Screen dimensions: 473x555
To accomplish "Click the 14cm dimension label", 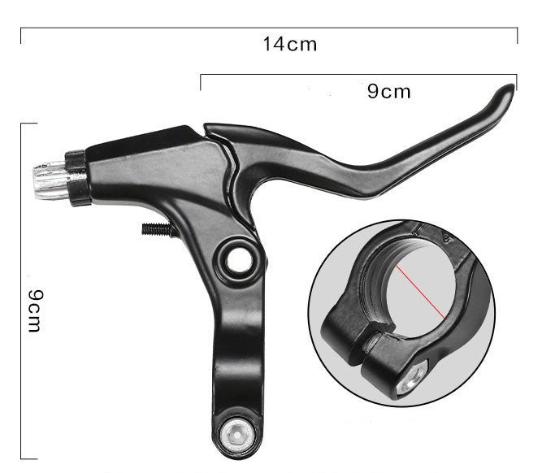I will click(x=289, y=45).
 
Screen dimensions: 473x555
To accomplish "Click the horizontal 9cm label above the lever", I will click(x=389, y=91).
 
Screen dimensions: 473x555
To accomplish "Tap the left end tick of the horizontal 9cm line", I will click(x=201, y=80).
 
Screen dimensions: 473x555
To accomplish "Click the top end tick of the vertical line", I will click(x=28, y=124).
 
